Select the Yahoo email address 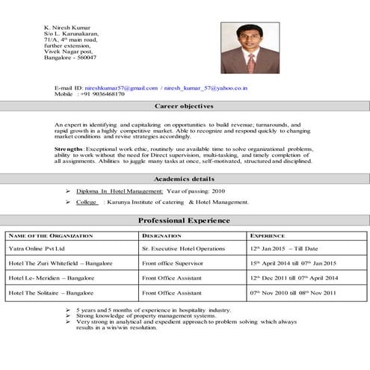coord(206,88)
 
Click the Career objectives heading coord(184,107)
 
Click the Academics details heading coord(184,180)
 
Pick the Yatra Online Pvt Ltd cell coord(37,247)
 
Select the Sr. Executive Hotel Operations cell coord(183,247)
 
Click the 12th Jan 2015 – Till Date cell coord(284,247)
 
